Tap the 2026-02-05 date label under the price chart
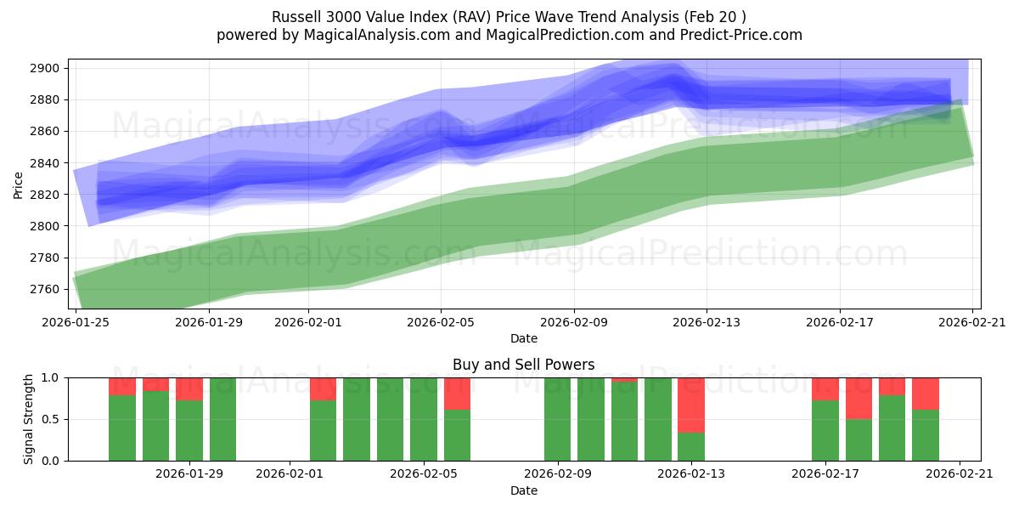[x=440, y=323]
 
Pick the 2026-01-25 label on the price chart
[x=76, y=323]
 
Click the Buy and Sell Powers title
[x=524, y=365]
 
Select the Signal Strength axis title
[x=29, y=419]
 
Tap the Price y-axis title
[x=19, y=184]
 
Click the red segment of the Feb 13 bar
[x=691, y=405]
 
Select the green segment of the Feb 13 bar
[x=691, y=446]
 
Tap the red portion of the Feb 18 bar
[x=859, y=398]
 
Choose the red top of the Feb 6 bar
[x=457, y=394]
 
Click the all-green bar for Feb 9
[x=557, y=419]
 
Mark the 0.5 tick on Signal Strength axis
[x=53, y=419]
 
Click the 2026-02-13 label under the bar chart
[x=691, y=474]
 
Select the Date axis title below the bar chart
[x=524, y=490]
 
